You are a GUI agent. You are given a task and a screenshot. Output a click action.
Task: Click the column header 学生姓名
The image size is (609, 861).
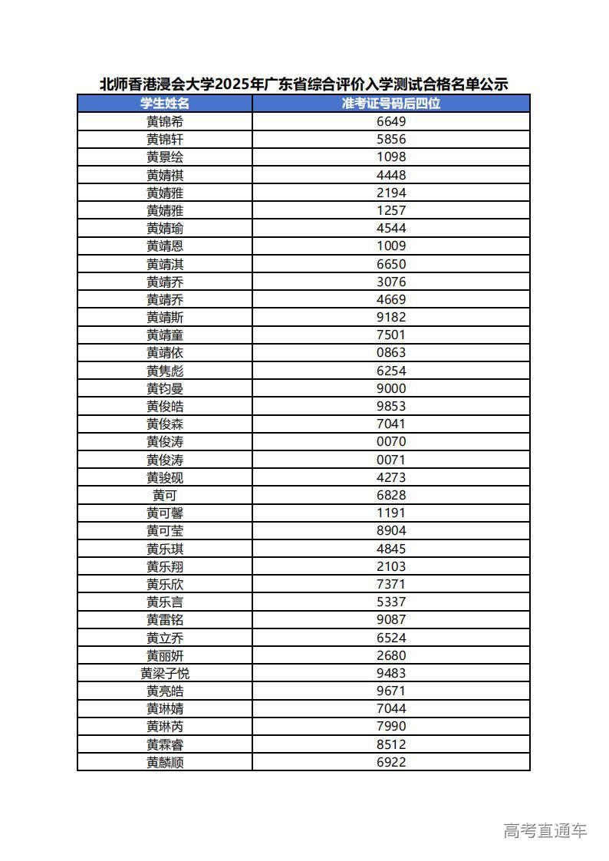click(x=165, y=104)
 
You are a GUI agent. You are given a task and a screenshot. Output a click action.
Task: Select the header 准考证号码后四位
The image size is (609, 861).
click(x=391, y=104)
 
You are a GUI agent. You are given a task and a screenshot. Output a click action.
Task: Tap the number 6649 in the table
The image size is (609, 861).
click(x=391, y=121)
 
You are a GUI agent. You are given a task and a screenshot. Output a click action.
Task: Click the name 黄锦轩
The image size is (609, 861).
click(x=165, y=139)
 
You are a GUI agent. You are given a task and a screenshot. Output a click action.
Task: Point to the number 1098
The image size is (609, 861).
click(x=391, y=157)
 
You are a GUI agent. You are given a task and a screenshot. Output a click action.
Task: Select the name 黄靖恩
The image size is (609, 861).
click(x=165, y=246)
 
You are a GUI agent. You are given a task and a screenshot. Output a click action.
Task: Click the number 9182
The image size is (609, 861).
click(x=391, y=317)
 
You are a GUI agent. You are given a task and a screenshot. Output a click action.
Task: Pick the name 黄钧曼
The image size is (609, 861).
click(x=165, y=388)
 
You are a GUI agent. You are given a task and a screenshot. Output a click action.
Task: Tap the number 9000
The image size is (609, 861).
click(x=391, y=388)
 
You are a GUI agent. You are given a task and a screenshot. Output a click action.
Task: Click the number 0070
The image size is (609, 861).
click(x=391, y=441)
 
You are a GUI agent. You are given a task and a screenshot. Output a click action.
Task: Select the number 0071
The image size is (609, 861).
click(x=391, y=460)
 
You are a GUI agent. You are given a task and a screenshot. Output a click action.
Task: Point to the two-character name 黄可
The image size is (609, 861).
click(x=165, y=495)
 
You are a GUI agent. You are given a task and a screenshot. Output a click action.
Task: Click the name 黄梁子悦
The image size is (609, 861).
click(x=165, y=673)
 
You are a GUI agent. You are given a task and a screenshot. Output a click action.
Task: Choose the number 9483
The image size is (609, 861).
click(x=391, y=673)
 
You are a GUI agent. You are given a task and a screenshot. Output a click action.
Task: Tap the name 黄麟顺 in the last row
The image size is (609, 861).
click(x=165, y=762)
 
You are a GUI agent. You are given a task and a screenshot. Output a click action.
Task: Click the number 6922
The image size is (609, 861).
click(x=391, y=762)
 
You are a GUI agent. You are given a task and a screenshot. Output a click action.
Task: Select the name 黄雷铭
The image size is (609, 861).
click(x=165, y=619)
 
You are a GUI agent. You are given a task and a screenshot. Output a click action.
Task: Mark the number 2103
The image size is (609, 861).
click(x=391, y=566)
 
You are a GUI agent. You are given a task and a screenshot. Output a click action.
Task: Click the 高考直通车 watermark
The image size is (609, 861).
click(x=545, y=830)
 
